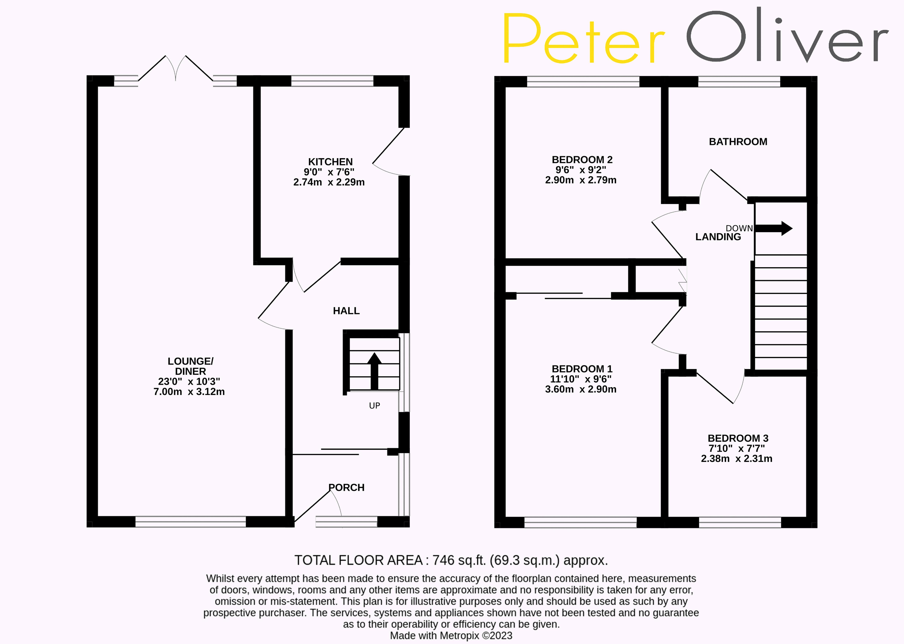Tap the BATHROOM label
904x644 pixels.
pos(738,141)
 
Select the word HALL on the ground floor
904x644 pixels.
pos(346,311)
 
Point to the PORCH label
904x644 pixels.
pos(346,487)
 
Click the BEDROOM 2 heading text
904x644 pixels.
pos(582,160)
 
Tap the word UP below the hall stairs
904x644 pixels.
pos(374,406)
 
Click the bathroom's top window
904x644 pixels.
pos(739,82)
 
